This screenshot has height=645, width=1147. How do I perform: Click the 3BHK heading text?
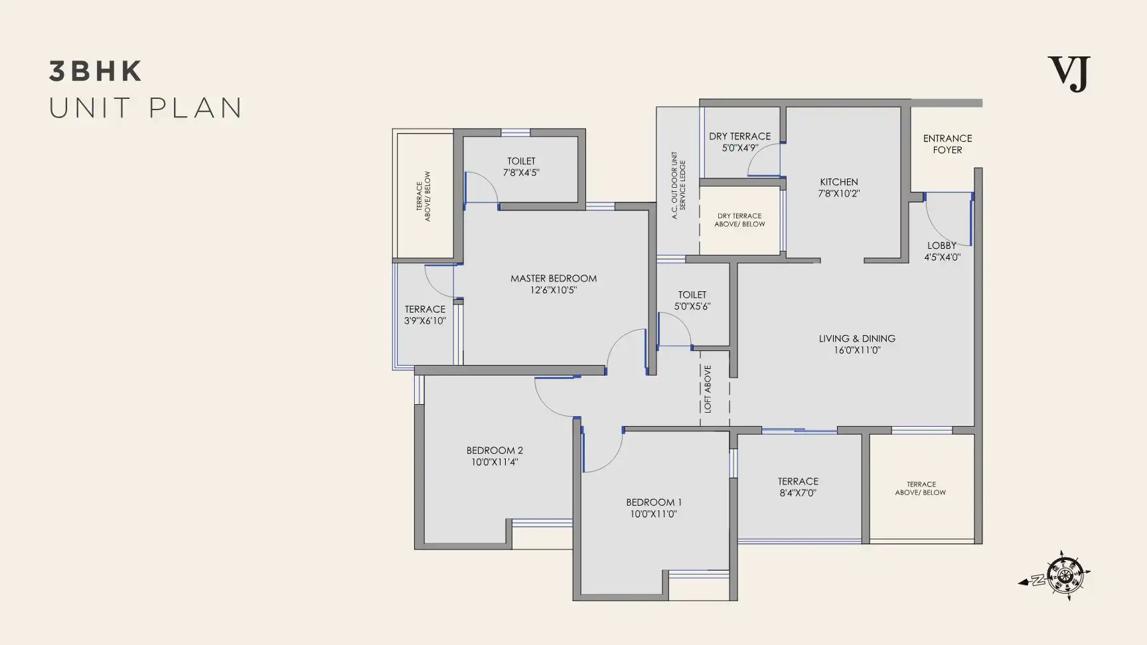point(96,72)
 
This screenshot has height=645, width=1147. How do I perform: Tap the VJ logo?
point(1069,74)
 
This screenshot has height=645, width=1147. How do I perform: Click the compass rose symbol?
point(1055,576)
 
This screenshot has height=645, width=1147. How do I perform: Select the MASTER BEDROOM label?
point(554,278)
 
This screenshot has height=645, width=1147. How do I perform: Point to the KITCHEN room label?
point(839,182)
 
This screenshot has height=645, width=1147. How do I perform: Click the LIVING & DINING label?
point(857,338)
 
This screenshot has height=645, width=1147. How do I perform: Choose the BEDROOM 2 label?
point(495,451)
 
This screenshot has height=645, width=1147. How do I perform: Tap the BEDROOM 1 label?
point(654,502)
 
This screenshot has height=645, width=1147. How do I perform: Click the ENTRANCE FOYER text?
point(947,144)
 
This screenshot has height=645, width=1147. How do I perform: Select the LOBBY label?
point(942,246)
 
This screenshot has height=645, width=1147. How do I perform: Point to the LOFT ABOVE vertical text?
point(708,389)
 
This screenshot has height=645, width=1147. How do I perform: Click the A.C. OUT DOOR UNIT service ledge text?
point(678,185)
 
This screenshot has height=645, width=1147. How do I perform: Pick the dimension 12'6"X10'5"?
point(554,290)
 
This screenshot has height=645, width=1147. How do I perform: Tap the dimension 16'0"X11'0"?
point(857,350)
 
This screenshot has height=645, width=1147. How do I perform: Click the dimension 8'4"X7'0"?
point(798,493)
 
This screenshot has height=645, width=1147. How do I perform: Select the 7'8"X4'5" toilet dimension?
point(521,173)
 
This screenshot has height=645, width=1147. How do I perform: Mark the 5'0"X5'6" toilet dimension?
point(692,307)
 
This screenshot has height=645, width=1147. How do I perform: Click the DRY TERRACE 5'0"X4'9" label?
point(739,142)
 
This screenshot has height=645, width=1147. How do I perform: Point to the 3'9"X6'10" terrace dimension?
point(425,321)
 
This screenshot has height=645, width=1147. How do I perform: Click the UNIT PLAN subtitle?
point(146,108)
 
